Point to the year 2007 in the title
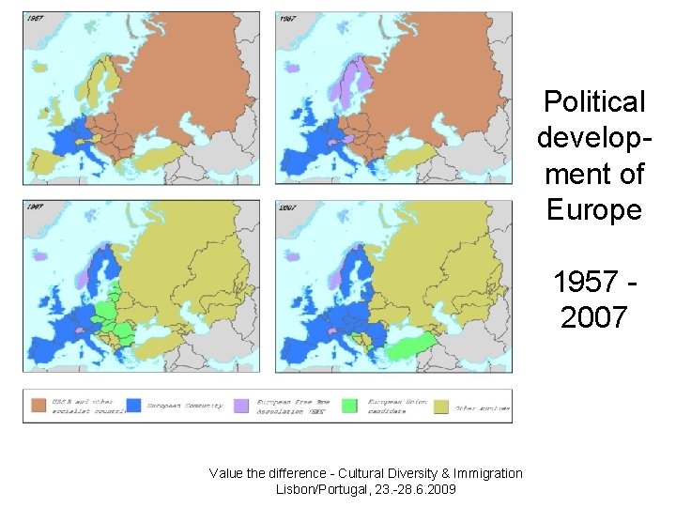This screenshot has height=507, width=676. click(x=593, y=317)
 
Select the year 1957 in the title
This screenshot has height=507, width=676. click(x=585, y=282)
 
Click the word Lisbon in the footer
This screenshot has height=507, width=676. click(x=299, y=489)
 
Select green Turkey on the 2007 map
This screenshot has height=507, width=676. click(x=409, y=347)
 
